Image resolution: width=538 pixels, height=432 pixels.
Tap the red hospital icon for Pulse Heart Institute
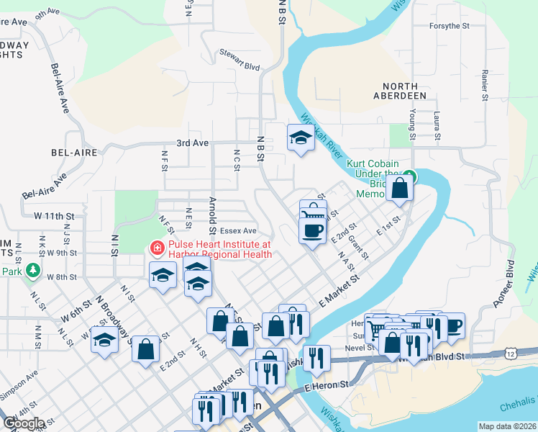click(156, 248)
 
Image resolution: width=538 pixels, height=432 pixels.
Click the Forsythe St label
click(449, 25)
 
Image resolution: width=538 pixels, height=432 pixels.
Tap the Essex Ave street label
click(239, 231)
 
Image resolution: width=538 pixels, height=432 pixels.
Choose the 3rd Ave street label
click(193, 143)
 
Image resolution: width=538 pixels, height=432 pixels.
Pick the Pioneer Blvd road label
click(506, 284)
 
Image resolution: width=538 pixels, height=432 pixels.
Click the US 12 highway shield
click(511, 353)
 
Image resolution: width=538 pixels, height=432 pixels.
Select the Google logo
click(24, 423)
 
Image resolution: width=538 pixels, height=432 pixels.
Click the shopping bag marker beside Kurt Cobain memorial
click(399, 189)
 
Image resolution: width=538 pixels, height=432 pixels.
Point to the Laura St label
click(437, 125)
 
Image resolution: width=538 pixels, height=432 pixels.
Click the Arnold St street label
click(213, 216)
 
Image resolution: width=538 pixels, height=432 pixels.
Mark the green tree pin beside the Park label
click(32, 270)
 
